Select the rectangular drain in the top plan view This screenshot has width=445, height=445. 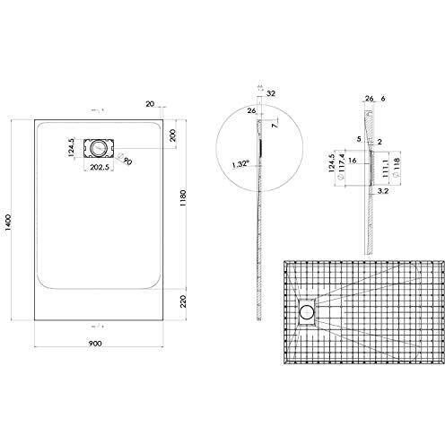click(x=97, y=146)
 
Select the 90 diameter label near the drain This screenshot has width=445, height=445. click(x=127, y=161)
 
